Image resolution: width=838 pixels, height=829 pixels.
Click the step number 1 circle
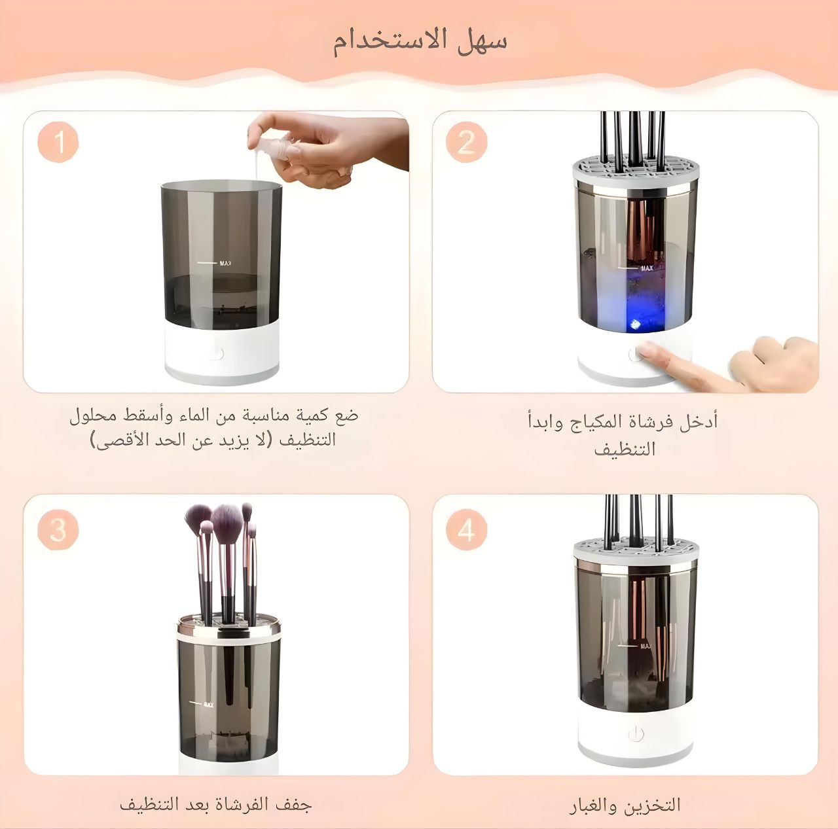(58, 142)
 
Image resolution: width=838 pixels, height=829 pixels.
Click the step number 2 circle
(467, 142)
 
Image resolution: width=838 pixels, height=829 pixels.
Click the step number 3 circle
(58, 530)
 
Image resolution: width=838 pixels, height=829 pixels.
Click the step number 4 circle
(467, 530)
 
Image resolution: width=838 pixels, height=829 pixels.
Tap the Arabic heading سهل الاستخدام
(420, 43)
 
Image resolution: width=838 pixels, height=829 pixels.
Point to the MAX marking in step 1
(225, 263)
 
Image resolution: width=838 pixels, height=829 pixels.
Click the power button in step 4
(636, 734)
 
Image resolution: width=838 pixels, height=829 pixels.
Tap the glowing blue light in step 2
(634, 325)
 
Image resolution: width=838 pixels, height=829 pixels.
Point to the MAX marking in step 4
(646, 646)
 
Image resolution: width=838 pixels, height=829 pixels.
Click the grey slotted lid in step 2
(635, 169)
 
